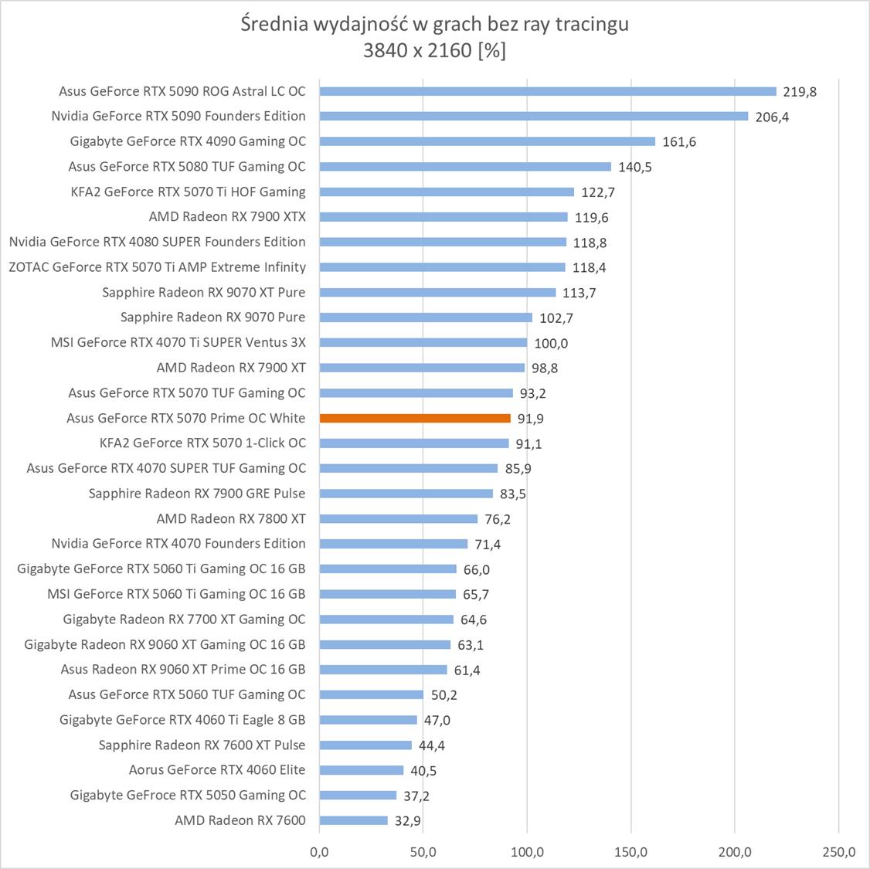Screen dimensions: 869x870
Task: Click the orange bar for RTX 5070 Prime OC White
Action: pyautogui.click(x=415, y=418)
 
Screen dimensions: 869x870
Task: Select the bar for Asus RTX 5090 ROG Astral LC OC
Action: pyautogui.click(x=548, y=91)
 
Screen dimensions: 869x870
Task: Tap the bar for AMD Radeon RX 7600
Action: pyautogui.click(x=353, y=820)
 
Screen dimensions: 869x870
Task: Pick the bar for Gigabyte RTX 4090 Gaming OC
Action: pyautogui.click(x=487, y=141)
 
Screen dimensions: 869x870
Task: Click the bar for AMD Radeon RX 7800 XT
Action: pyautogui.click(x=399, y=518)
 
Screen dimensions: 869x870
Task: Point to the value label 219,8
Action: pyautogui.click(x=800, y=92)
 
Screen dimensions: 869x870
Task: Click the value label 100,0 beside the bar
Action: pyautogui.click(x=551, y=343)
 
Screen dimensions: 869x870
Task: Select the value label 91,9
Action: pyautogui.click(x=533, y=419)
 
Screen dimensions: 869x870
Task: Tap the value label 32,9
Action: pyautogui.click(x=407, y=821)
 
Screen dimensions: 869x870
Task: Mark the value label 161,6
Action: pyautogui.click(x=679, y=142)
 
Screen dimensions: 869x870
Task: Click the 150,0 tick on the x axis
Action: pyautogui.click(x=631, y=852)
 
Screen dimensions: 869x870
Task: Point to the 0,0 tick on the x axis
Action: pyautogui.click(x=319, y=852)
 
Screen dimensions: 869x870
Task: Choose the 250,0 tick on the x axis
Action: pyautogui.click(x=839, y=852)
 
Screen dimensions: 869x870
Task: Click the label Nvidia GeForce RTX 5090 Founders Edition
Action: pyautogui.click(x=178, y=116)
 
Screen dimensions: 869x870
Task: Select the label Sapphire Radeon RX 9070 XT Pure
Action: pyautogui.click(x=203, y=292)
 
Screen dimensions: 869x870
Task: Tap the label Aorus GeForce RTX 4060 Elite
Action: pyautogui.click(x=217, y=769)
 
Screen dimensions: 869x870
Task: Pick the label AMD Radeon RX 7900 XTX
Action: pyautogui.click(x=227, y=216)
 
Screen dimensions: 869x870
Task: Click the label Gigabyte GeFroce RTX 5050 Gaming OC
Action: pyautogui.click(x=188, y=795)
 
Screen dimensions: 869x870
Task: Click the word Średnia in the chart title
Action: pyautogui.click(x=274, y=25)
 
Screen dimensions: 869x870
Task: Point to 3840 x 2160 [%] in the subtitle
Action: pyautogui.click(x=435, y=51)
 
